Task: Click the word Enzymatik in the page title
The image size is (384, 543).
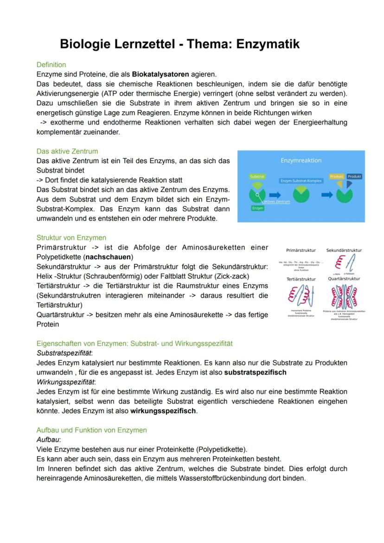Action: pos(268,44)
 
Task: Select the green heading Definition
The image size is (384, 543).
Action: pos(51,65)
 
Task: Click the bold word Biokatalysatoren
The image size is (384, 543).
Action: pos(161,74)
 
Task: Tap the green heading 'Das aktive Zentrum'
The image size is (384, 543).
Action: pos(67,151)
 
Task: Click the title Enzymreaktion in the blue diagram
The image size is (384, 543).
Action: pos(301,160)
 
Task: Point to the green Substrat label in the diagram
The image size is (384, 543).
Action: pos(257,177)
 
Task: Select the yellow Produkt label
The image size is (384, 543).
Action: pos(337,177)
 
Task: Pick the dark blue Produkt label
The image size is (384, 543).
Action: pos(354,177)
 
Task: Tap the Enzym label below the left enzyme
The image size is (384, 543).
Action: pos(257,208)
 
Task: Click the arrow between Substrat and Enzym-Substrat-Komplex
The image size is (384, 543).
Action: pos(275,195)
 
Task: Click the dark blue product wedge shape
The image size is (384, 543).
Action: pos(349,185)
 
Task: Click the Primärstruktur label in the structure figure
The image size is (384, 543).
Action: pos(301,250)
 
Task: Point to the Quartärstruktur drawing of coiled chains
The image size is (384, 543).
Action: pos(344,296)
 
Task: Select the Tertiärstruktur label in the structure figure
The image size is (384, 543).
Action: pos(301,279)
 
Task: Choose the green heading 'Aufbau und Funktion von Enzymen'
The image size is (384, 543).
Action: pos(91,430)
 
